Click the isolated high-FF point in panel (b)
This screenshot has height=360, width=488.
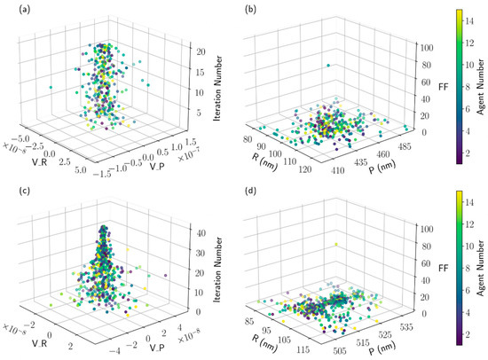[327, 65]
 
